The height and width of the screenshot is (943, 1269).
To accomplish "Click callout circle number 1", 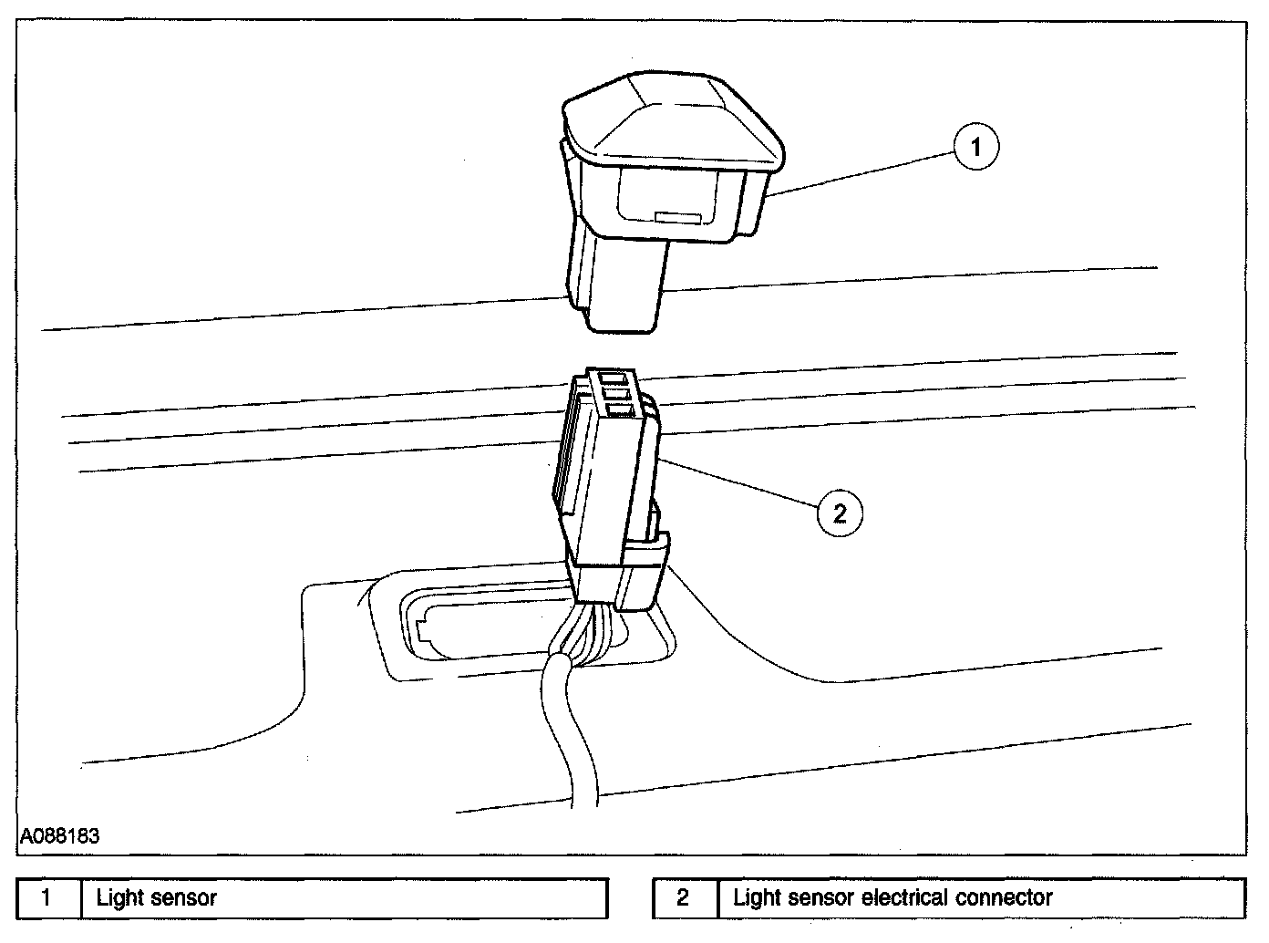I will tap(975, 147).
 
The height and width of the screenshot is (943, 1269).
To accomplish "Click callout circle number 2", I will tap(839, 513).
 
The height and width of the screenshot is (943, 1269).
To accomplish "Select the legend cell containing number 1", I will tap(48, 898).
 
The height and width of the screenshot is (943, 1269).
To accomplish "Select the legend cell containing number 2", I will tap(684, 898).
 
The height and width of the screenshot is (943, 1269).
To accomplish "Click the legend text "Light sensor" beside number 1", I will tap(156, 898).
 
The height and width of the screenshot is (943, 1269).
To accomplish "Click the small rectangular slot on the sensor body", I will tap(677, 218).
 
